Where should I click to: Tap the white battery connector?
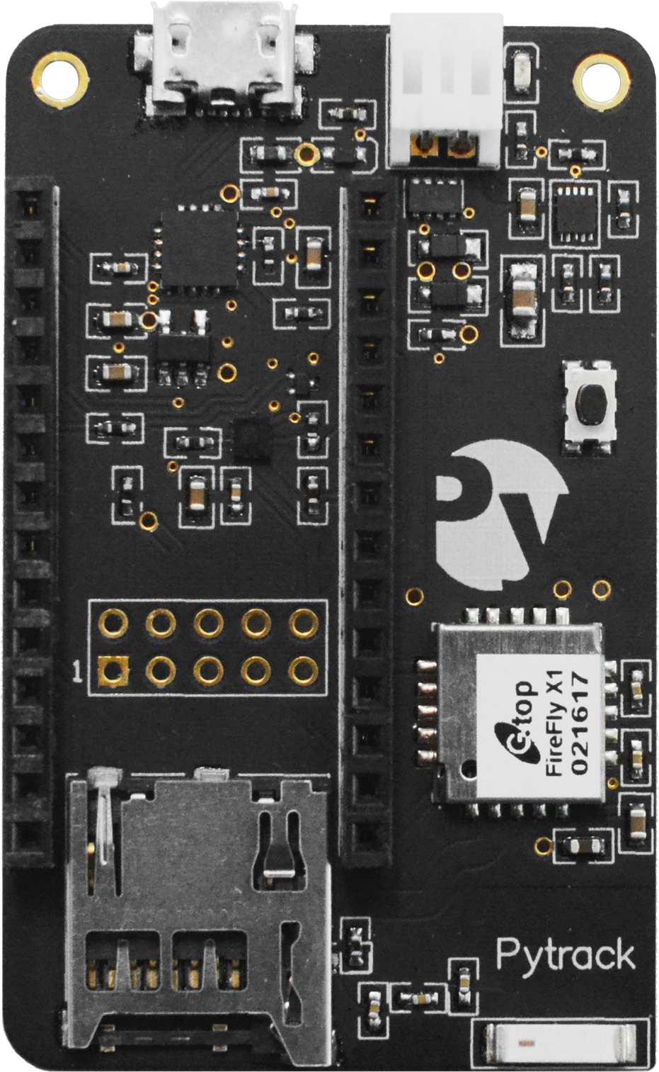(446, 90)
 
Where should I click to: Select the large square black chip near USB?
(200, 249)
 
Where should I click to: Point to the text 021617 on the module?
(580, 723)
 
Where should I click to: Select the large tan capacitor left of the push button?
(522, 298)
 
